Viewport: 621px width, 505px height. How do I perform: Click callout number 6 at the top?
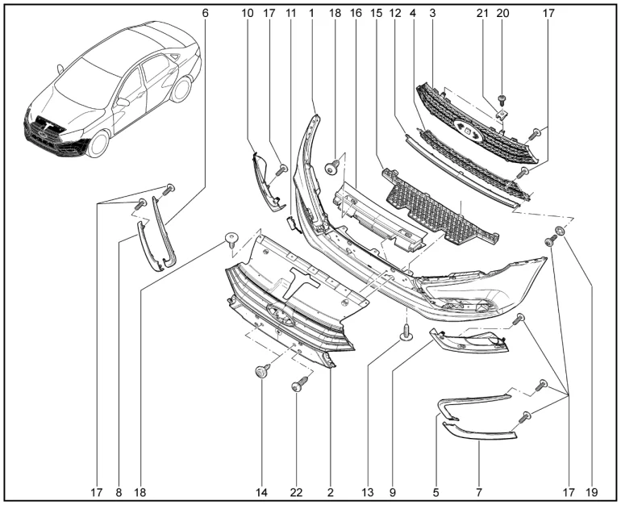coord(205,13)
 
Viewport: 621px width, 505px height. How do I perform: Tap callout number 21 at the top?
coord(482,13)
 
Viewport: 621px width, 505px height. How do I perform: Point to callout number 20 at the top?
coord(502,13)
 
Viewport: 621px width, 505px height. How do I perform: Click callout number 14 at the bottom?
coord(261,492)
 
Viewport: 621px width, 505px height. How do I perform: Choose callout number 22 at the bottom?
coord(296,492)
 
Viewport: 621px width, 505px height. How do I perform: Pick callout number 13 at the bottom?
coord(368,492)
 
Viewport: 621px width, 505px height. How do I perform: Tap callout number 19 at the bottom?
coord(591,492)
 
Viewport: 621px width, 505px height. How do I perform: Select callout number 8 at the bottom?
coord(119,492)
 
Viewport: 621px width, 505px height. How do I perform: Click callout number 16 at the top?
coord(356,13)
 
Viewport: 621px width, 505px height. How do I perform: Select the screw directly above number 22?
coord(299,383)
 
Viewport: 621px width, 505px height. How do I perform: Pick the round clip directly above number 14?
coord(262,371)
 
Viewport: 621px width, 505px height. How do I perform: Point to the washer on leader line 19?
coord(560,230)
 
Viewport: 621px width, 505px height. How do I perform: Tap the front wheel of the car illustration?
coord(98,143)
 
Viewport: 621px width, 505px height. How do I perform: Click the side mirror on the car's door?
coord(123,102)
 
